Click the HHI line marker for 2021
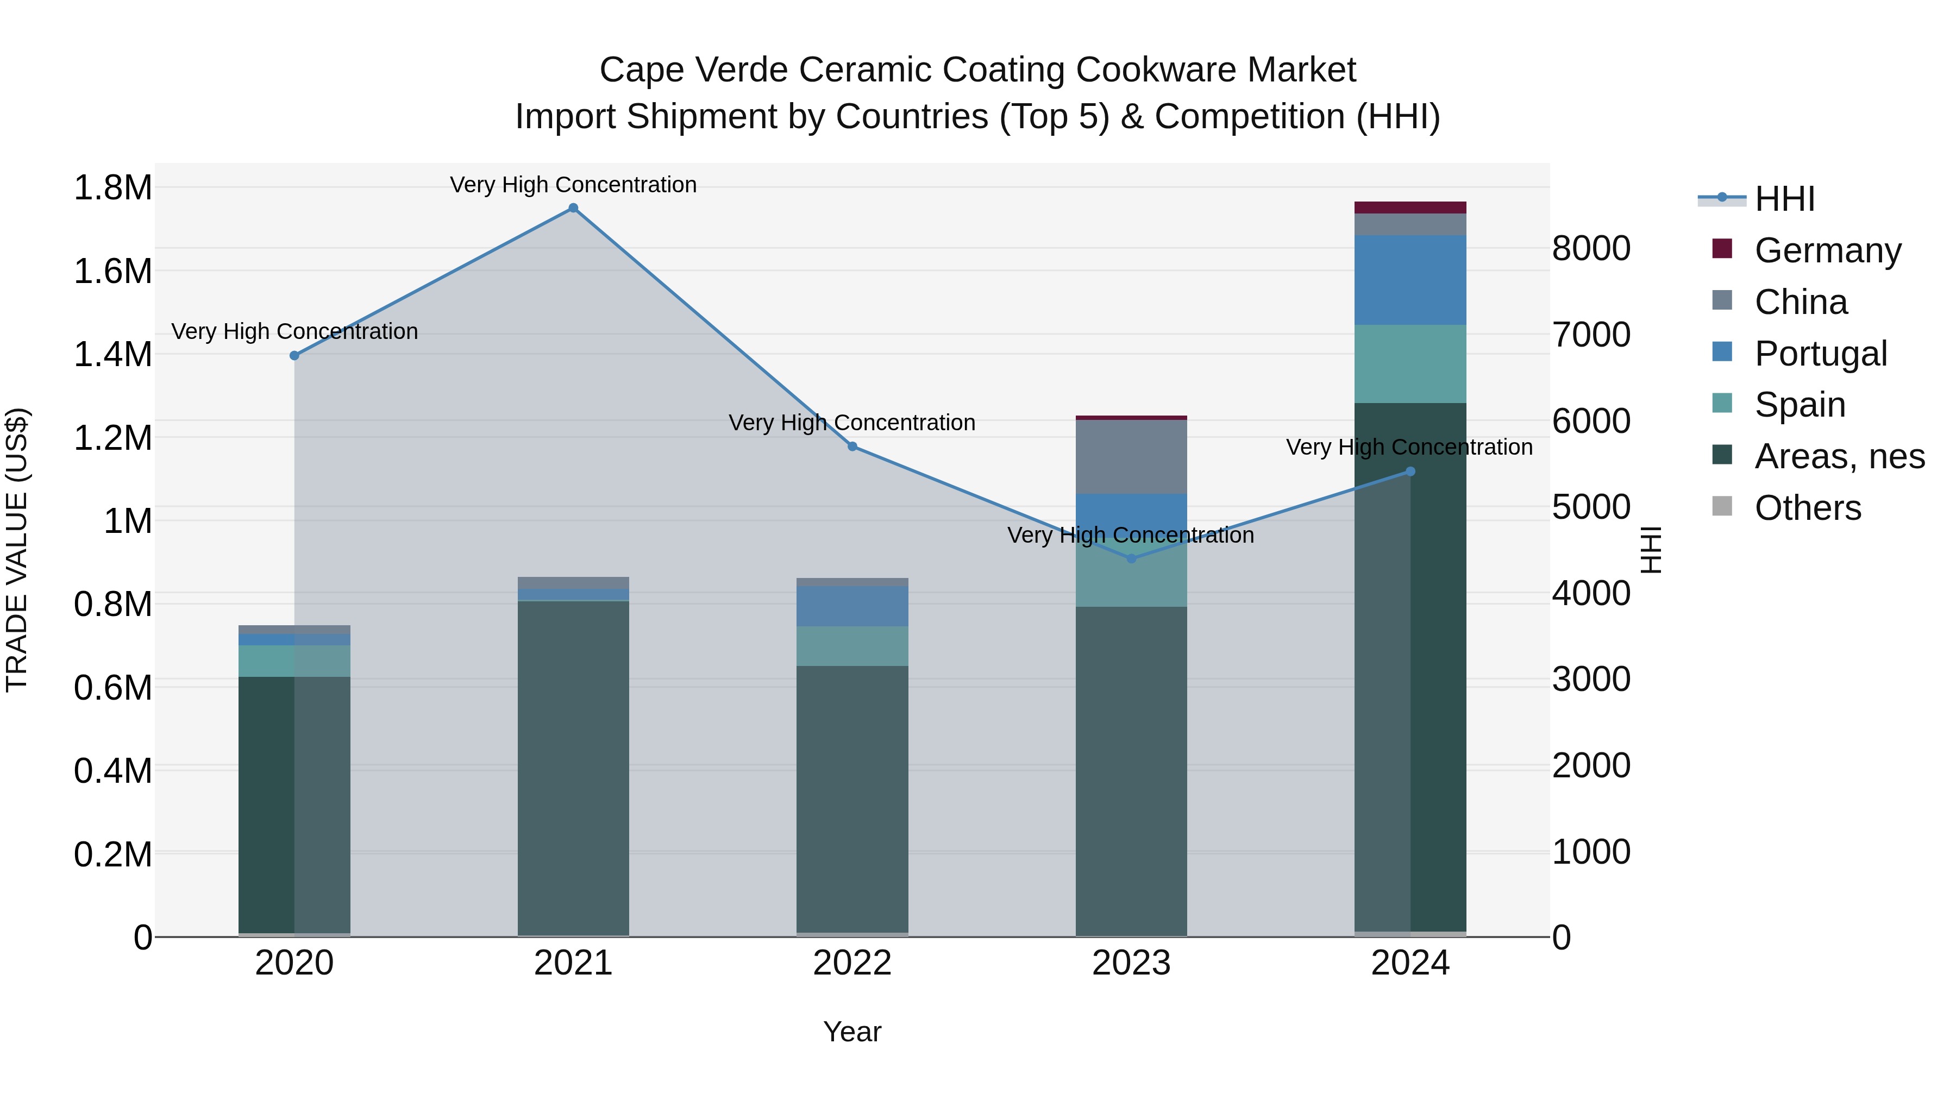tap(573, 208)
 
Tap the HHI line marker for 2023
tap(1131, 559)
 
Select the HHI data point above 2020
tap(294, 355)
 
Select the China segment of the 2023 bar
tap(1131, 456)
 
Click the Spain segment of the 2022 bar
tap(852, 646)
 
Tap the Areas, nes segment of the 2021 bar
tap(573, 766)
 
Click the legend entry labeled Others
tap(1807, 508)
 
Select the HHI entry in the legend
tap(1784, 199)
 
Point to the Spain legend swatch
tap(1722, 403)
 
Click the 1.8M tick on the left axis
tap(112, 187)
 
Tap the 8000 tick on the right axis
tap(1591, 248)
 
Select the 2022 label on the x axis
tap(852, 963)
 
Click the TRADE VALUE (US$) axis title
tap(17, 550)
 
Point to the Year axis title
tap(852, 1032)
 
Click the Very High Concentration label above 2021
tap(573, 185)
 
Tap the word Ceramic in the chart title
tap(864, 70)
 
